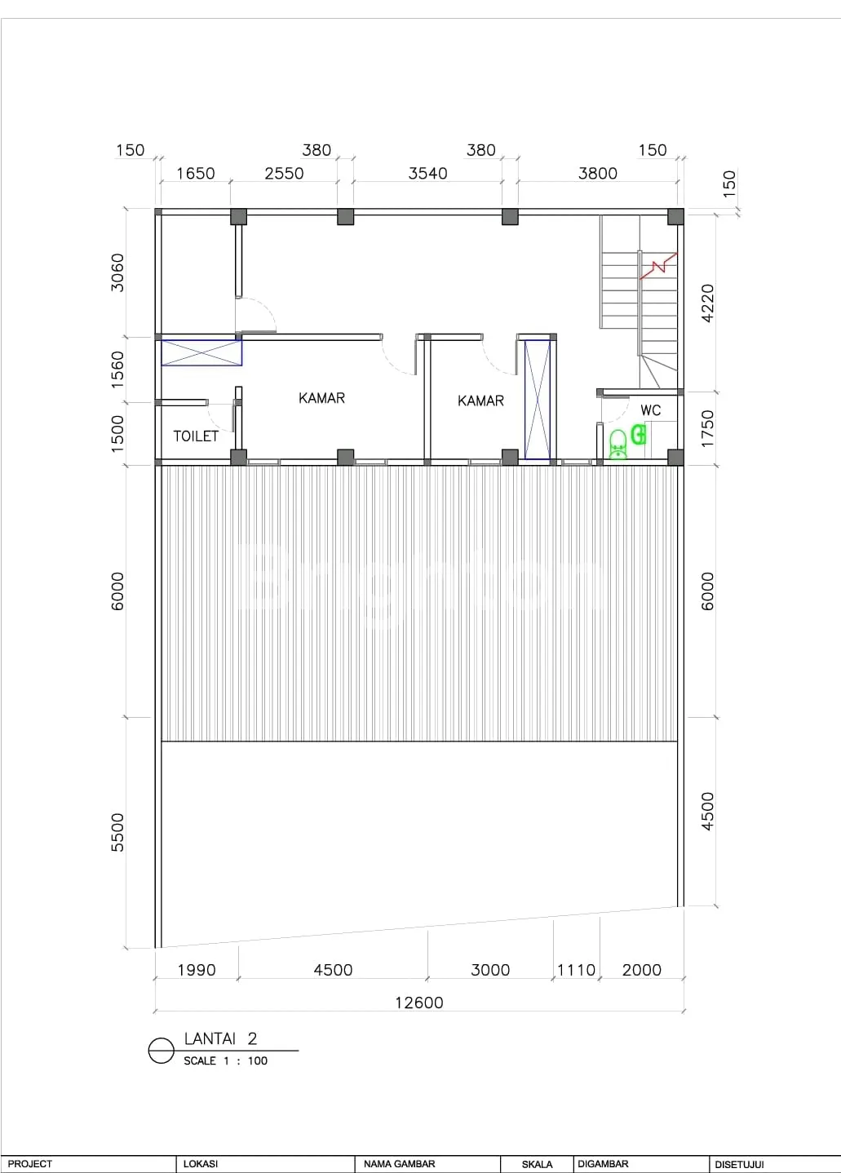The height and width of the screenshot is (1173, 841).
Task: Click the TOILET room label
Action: pyautogui.click(x=196, y=436)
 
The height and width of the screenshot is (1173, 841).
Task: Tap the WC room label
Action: pyautogui.click(x=650, y=410)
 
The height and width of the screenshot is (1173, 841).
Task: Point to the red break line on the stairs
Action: pyautogui.click(x=658, y=265)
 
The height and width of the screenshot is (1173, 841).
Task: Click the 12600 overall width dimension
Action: pyautogui.click(x=419, y=1003)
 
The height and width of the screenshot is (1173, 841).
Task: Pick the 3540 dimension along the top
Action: pyautogui.click(x=427, y=173)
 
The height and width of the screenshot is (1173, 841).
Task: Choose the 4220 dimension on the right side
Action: pyautogui.click(x=707, y=303)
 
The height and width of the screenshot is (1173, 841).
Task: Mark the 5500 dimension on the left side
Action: pyautogui.click(x=117, y=833)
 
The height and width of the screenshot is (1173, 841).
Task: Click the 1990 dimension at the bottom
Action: pyautogui.click(x=197, y=970)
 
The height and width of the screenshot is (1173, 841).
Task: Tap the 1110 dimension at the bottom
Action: pyautogui.click(x=576, y=970)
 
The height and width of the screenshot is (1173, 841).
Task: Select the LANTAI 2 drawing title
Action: pyautogui.click(x=220, y=1038)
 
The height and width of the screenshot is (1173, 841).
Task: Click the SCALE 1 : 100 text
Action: pyautogui.click(x=225, y=1061)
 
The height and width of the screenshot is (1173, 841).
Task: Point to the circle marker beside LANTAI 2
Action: pyautogui.click(x=161, y=1051)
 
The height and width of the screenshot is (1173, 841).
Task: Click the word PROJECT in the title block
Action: pyautogui.click(x=30, y=1163)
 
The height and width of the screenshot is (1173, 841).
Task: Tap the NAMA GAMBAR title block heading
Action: pyautogui.click(x=399, y=1163)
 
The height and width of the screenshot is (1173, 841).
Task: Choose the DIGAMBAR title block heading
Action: pyautogui.click(x=603, y=1163)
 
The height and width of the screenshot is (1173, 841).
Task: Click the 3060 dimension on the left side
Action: pyautogui.click(x=117, y=272)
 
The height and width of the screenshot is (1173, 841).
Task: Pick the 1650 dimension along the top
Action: pyautogui.click(x=195, y=173)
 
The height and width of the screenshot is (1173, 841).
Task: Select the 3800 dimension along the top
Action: pyautogui.click(x=597, y=173)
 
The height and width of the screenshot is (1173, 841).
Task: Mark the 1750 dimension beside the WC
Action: pyautogui.click(x=707, y=429)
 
